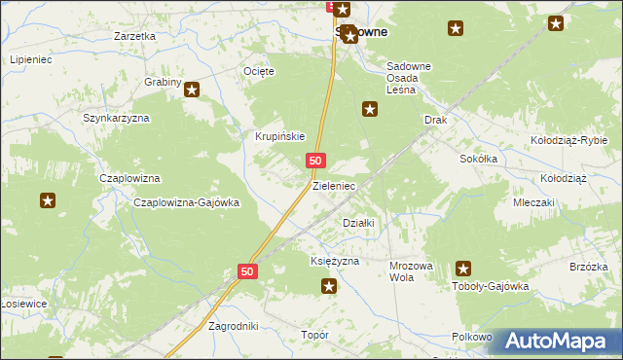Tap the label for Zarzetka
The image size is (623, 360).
coord(134,36)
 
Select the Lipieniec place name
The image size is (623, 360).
coord(30,59)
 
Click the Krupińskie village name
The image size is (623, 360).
coord(280,136)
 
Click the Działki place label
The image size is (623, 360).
coord(359,223)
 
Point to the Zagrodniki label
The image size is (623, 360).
coord(234,327)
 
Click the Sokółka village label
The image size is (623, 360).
coord(479,158)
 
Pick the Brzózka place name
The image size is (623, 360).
coord(589,267)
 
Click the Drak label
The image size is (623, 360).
coord(434,120)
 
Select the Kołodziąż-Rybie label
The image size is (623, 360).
coord(568,140)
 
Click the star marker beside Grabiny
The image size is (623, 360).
coord(192,90)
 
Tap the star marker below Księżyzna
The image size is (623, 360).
coord(329,285)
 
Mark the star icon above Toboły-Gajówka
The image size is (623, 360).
coord(463,269)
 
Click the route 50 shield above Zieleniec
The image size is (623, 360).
coord(314,161)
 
